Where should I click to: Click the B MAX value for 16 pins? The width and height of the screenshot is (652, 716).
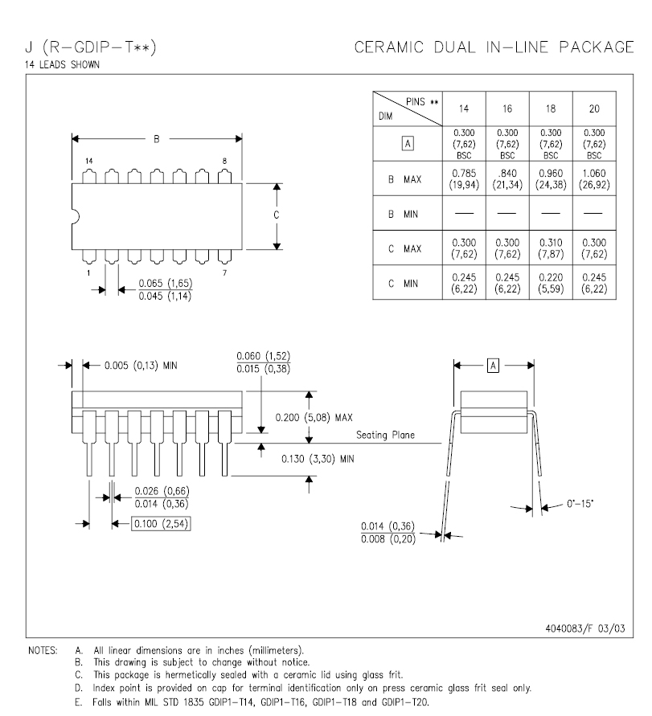point(507,179)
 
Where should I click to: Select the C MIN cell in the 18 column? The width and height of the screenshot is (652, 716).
point(551,283)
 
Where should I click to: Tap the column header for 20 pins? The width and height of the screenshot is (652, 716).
point(594,108)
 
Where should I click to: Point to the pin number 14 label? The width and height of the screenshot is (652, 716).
point(88,162)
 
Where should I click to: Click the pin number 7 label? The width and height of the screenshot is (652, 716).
point(224,273)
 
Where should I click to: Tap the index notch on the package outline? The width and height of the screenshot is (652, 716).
point(76,217)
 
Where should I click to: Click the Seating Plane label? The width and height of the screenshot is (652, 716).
point(385,436)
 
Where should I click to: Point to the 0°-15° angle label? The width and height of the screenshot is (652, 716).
point(580,504)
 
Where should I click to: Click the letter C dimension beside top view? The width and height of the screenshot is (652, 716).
point(276,215)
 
